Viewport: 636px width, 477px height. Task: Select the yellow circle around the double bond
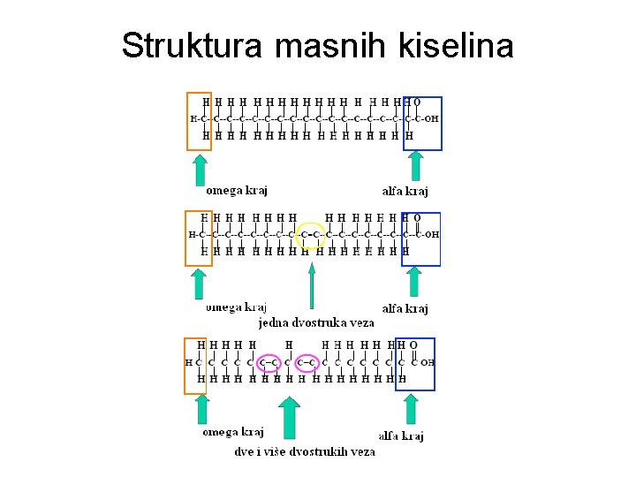point(311,235)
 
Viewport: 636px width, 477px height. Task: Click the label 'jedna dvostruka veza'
point(315,322)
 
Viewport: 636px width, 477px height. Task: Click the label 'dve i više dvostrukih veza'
point(305,451)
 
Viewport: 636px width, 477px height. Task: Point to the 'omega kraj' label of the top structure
point(236,190)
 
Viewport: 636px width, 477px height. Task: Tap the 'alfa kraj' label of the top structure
point(405,191)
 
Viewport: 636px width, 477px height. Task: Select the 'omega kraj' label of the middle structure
point(236,307)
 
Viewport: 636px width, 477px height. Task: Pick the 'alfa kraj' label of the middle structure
point(405,308)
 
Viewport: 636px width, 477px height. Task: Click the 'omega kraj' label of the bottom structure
point(233,432)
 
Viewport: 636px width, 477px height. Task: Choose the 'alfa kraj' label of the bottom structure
point(402,435)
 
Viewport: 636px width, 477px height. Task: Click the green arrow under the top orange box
point(201,170)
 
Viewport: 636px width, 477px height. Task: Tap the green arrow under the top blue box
point(416,167)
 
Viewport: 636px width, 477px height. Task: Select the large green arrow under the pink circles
point(289,418)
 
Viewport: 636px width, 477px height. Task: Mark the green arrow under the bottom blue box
point(410,409)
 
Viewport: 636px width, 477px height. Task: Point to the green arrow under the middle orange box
point(200,284)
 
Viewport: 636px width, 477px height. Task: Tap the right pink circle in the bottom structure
point(307,362)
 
